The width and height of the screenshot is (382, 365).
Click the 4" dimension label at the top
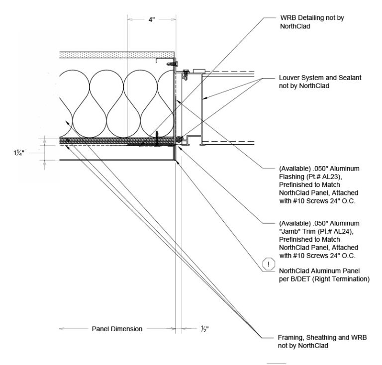[151, 20]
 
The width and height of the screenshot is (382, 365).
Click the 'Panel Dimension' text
[117, 329]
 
